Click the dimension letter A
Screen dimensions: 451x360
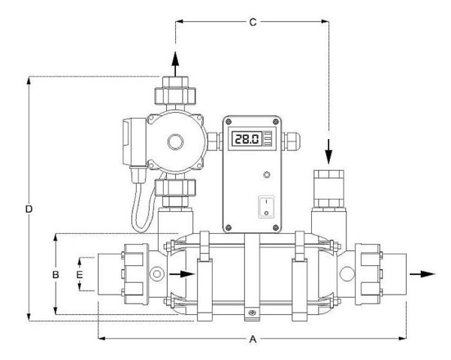point(253,339)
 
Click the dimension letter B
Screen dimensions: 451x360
point(56,274)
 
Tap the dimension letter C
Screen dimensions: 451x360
point(253,22)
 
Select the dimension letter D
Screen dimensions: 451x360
point(29,209)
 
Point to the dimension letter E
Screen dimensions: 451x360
point(80,274)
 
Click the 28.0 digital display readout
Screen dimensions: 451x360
point(247,139)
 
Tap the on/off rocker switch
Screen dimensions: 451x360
point(266,207)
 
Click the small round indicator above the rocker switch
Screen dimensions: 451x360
point(267,174)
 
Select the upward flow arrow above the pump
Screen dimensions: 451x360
point(175,64)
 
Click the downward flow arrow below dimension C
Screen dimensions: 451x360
point(328,152)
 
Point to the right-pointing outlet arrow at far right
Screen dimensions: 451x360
point(422,274)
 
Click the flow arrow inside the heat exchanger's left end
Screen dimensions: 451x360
point(182,274)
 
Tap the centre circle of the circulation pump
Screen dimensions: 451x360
point(175,142)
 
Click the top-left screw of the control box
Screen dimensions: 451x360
point(229,121)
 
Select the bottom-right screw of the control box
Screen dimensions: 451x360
point(276,228)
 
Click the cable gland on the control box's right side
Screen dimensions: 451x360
point(291,141)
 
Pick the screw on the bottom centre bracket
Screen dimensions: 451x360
point(250,313)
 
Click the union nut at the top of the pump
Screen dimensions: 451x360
point(175,95)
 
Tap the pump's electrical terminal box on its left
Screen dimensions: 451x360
point(134,142)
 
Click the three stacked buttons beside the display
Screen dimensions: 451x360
point(268,139)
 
